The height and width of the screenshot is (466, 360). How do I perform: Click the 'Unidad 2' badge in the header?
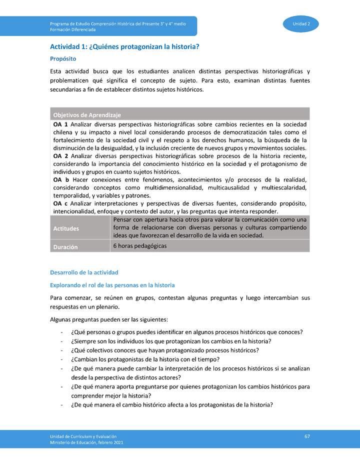(x=301, y=24)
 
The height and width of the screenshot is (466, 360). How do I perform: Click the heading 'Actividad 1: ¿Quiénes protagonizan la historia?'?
(x=124, y=47)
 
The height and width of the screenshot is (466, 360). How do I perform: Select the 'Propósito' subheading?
(x=63, y=58)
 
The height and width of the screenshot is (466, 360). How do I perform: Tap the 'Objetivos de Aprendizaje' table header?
(x=87, y=115)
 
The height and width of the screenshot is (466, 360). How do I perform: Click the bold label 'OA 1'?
(x=60, y=124)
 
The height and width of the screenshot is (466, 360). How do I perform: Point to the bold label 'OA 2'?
(x=60, y=156)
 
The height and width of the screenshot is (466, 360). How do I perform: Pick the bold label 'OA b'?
(x=60, y=179)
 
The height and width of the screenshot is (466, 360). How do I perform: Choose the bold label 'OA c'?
(x=60, y=203)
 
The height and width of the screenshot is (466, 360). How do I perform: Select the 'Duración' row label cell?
(x=65, y=247)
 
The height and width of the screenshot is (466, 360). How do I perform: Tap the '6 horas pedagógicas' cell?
(x=140, y=246)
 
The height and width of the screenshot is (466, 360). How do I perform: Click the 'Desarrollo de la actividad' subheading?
(x=84, y=272)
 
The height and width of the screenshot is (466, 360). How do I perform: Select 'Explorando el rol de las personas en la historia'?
(x=112, y=285)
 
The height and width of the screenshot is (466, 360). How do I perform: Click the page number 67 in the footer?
(x=307, y=436)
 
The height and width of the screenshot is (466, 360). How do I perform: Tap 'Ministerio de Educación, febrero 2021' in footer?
(x=86, y=442)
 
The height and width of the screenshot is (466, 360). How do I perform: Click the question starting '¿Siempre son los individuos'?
(x=171, y=341)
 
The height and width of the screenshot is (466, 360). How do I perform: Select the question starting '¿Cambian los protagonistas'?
(x=145, y=359)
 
